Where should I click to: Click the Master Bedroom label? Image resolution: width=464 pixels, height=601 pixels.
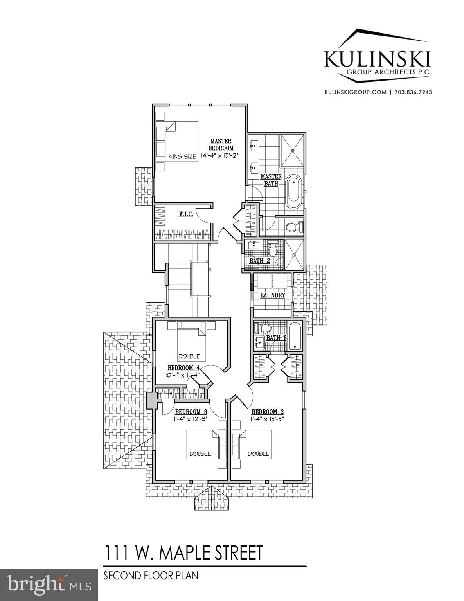221,144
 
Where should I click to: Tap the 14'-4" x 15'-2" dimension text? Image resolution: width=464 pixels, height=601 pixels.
219,155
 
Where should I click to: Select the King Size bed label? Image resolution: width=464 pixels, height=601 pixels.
182,157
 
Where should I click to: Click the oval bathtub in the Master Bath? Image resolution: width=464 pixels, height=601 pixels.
293,193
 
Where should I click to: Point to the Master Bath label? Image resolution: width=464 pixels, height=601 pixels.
271,180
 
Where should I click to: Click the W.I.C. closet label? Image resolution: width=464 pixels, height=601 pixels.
186,214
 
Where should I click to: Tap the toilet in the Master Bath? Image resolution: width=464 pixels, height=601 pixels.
293,227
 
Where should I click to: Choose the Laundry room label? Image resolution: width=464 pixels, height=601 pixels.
273,295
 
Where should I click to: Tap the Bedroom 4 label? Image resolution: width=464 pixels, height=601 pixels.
183,368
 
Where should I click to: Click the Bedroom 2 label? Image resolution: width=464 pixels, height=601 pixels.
267,412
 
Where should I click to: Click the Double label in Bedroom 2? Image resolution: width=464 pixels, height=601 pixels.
258,453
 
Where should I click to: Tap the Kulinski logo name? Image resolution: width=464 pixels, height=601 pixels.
378,60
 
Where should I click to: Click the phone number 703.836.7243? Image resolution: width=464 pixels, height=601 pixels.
413,92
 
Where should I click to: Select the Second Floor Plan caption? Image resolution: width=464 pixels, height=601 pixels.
151,576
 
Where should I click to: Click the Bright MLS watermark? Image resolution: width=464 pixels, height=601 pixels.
49,585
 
